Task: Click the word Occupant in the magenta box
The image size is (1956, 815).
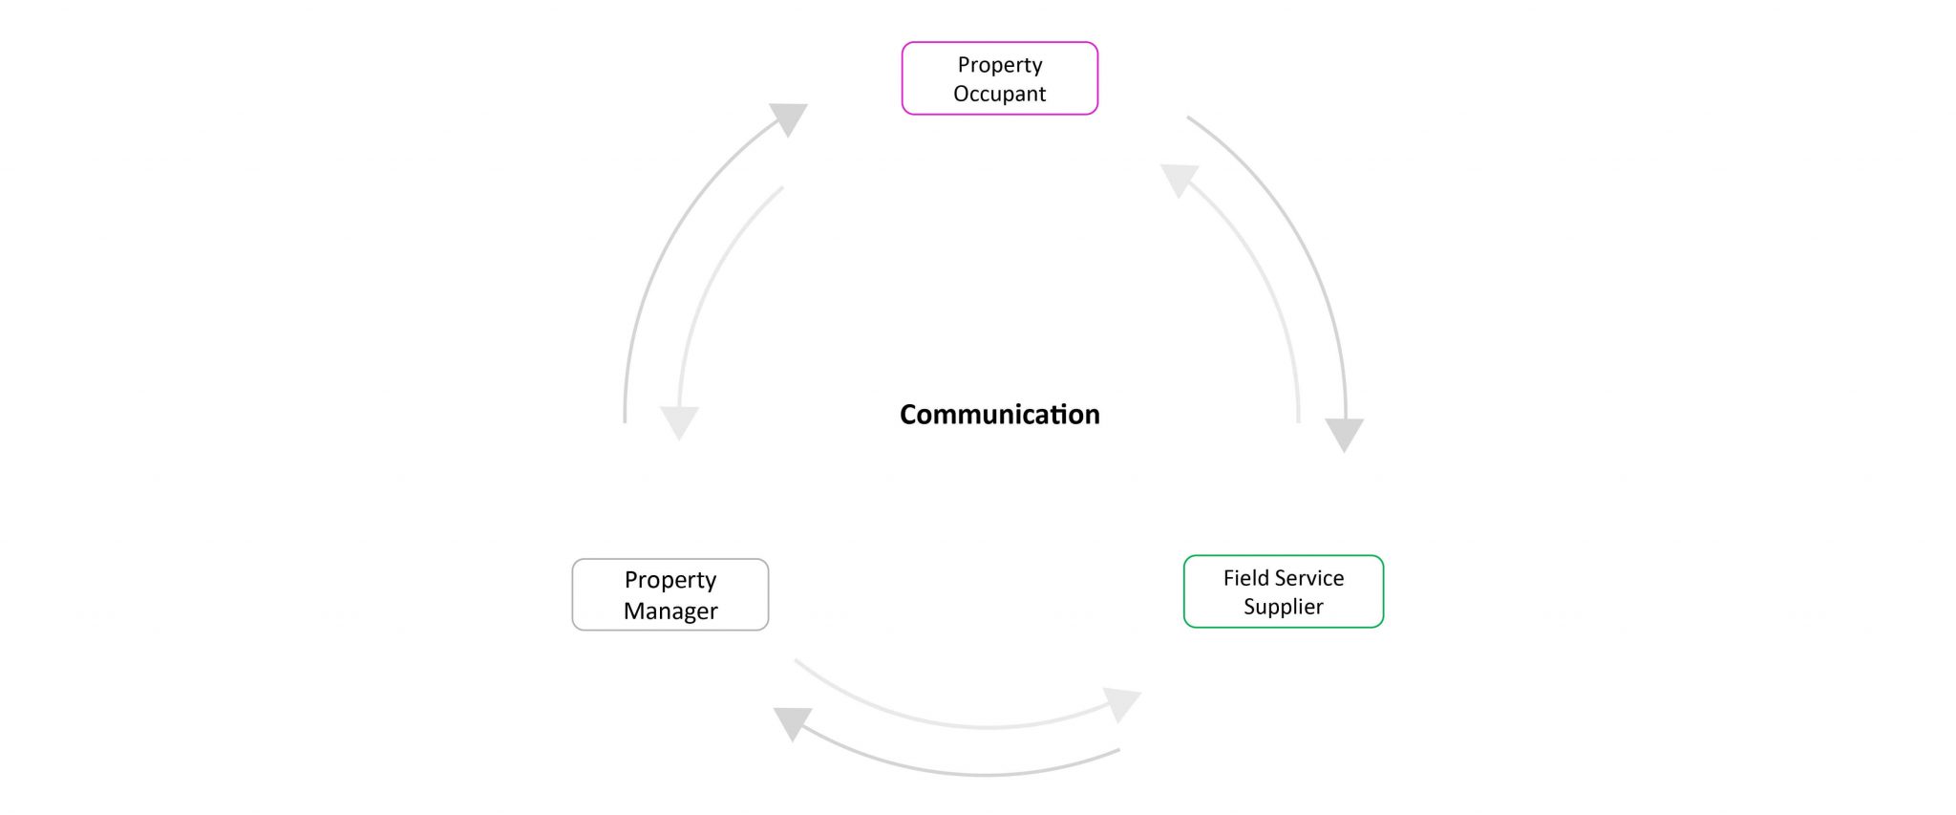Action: coord(999,94)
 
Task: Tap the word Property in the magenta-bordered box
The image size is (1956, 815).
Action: coord(999,65)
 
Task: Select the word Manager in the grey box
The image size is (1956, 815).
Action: coord(670,611)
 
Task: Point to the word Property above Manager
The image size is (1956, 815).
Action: coord(670,580)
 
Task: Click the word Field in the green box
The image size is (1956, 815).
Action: coord(1246,578)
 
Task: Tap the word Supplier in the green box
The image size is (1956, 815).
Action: coord(1283,607)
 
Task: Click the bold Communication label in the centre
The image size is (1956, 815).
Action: coord(999,415)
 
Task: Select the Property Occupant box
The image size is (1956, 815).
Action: coord(999,78)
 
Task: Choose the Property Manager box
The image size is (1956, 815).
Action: coord(670,594)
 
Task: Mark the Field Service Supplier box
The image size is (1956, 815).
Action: coord(1283,591)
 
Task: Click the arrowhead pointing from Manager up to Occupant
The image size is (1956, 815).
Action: coord(791,118)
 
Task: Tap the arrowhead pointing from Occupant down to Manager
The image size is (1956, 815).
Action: coord(679,421)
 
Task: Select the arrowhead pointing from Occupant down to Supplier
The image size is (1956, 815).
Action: coord(1344,434)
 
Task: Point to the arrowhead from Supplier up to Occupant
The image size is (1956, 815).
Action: coord(1179,179)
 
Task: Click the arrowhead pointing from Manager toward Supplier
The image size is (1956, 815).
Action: coord(1123,703)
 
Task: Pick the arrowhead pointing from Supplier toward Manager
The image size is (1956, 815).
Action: coord(792,722)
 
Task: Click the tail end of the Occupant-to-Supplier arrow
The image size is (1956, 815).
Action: coord(1188,118)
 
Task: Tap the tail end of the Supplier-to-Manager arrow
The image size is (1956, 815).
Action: coord(1118,751)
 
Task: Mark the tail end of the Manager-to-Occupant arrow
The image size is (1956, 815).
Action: coord(625,420)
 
